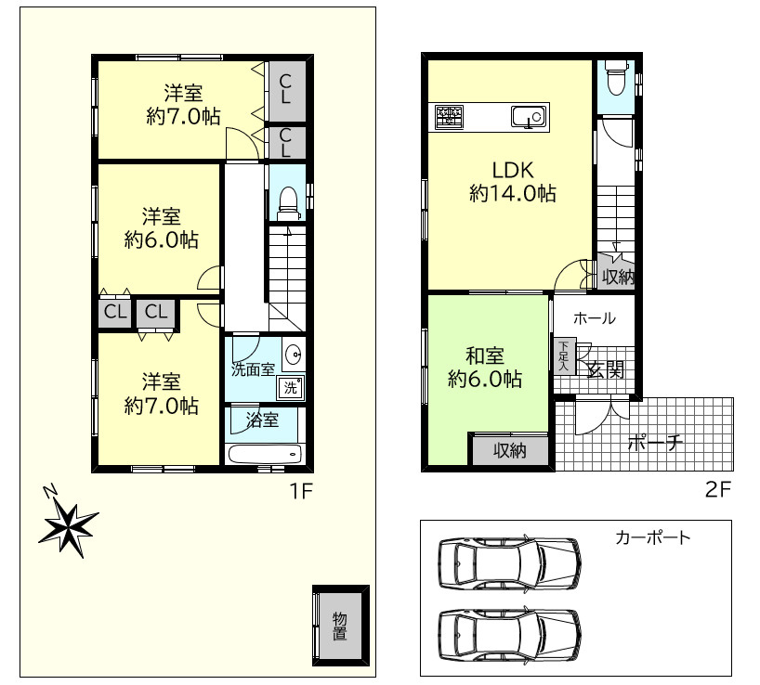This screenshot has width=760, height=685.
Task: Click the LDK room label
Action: pyautogui.click(x=513, y=171)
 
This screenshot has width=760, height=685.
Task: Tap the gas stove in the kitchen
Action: pyautogui.click(x=449, y=117)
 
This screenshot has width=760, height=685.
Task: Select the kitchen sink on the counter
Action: pyautogui.click(x=529, y=117)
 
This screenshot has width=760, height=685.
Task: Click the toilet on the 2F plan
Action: pyautogui.click(x=616, y=78)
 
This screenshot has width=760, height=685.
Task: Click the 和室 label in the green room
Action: pyautogui.click(x=485, y=355)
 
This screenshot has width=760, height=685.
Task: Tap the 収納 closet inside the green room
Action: pyautogui.click(x=510, y=451)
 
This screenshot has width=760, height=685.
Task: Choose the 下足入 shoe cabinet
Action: pyautogui.click(x=564, y=355)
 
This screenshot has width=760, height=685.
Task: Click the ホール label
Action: pyautogui.click(x=595, y=318)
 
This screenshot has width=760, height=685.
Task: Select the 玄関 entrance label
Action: pyautogui.click(x=606, y=370)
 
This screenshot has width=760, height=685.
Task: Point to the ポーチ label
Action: pyautogui.click(x=655, y=443)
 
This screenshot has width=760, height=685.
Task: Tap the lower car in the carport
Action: pyautogui.click(x=509, y=634)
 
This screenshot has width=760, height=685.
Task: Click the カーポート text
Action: pyautogui.click(x=652, y=537)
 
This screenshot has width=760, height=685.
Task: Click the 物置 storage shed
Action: pyautogui.click(x=341, y=626)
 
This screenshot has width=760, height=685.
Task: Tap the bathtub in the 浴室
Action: pyautogui.click(x=265, y=455)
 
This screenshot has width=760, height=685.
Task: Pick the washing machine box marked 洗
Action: pyautogui.click(x=290, y=387)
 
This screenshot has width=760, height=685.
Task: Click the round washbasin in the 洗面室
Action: pyautogui.click(x=295, y=355)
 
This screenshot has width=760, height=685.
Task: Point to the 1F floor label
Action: pyautogui.click(x=301, y=491)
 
